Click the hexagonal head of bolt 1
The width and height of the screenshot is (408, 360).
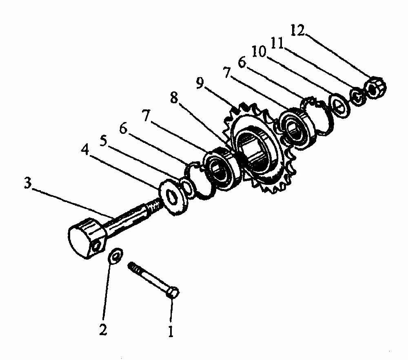173,293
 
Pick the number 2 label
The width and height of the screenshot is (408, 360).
103,329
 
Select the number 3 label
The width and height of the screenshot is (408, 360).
27,183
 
